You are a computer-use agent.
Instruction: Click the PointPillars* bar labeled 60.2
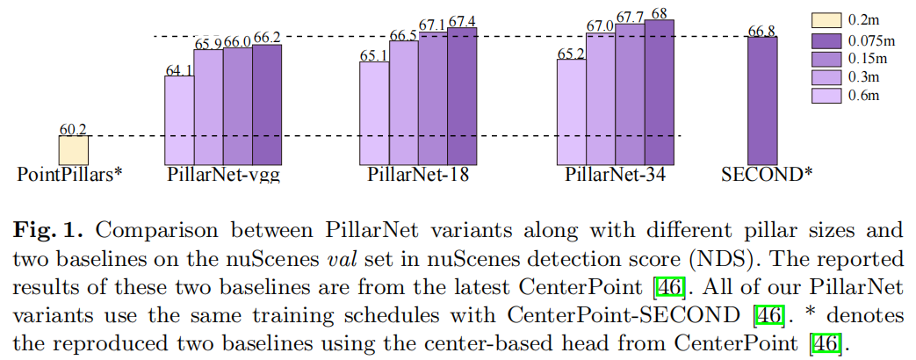73,149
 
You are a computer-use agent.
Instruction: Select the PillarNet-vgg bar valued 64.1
179,119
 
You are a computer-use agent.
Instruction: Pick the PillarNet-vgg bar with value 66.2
267,104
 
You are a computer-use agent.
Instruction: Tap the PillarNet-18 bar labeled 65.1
374,112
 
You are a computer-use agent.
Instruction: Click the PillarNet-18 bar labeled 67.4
462,97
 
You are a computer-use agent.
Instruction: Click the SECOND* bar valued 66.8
762,99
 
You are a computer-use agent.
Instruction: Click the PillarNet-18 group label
418,174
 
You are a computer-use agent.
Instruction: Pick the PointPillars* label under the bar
69,174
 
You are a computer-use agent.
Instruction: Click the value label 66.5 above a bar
404,35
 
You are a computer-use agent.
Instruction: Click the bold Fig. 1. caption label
52,232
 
